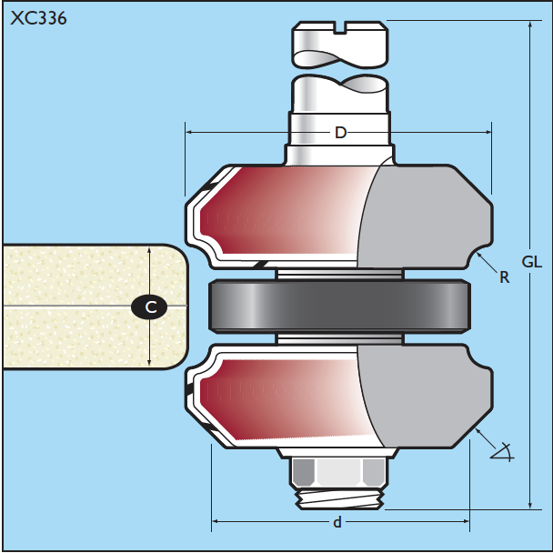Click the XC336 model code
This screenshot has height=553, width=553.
(x=38, y=18)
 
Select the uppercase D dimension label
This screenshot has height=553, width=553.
(x=341, y=133)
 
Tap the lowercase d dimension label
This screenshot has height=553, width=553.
(x=337, y=522)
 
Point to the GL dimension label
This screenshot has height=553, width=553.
(x=532, y=262)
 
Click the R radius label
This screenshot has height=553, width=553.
(x=505, y=278)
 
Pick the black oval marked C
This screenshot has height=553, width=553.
(x=149, y=307)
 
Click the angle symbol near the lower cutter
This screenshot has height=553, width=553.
(x=503, y=452)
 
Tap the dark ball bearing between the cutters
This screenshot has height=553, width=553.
(x=339, y=307)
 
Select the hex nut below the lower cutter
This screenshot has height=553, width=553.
(x=339, y=473)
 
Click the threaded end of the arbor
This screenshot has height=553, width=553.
(x=339, y=499)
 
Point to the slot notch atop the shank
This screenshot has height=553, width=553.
(x=340, y=28)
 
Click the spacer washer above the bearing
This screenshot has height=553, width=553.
(x=339, y=274)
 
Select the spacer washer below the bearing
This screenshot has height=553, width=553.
(x=339, y=339)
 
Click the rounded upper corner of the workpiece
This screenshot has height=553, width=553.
(x=178, y=254)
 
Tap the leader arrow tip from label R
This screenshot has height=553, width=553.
(x=478, y=254)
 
